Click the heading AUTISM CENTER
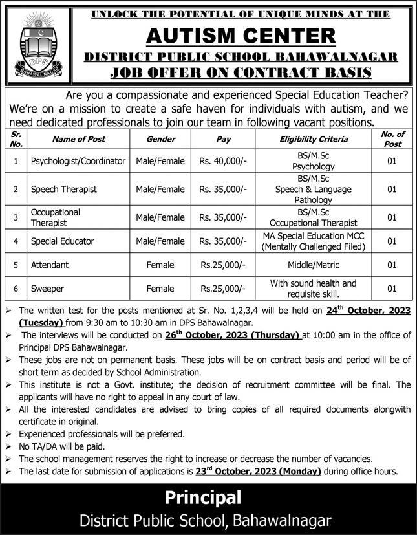241,35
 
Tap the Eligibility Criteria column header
314,139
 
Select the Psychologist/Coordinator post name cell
78,161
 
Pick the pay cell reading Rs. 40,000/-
223,161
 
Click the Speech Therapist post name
64,190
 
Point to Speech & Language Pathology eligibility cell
314,190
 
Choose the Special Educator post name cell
62,241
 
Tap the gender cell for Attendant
160,265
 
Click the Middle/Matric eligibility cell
314,265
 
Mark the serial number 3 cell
16,217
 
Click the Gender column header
160,139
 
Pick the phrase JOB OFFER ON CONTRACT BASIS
241,72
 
